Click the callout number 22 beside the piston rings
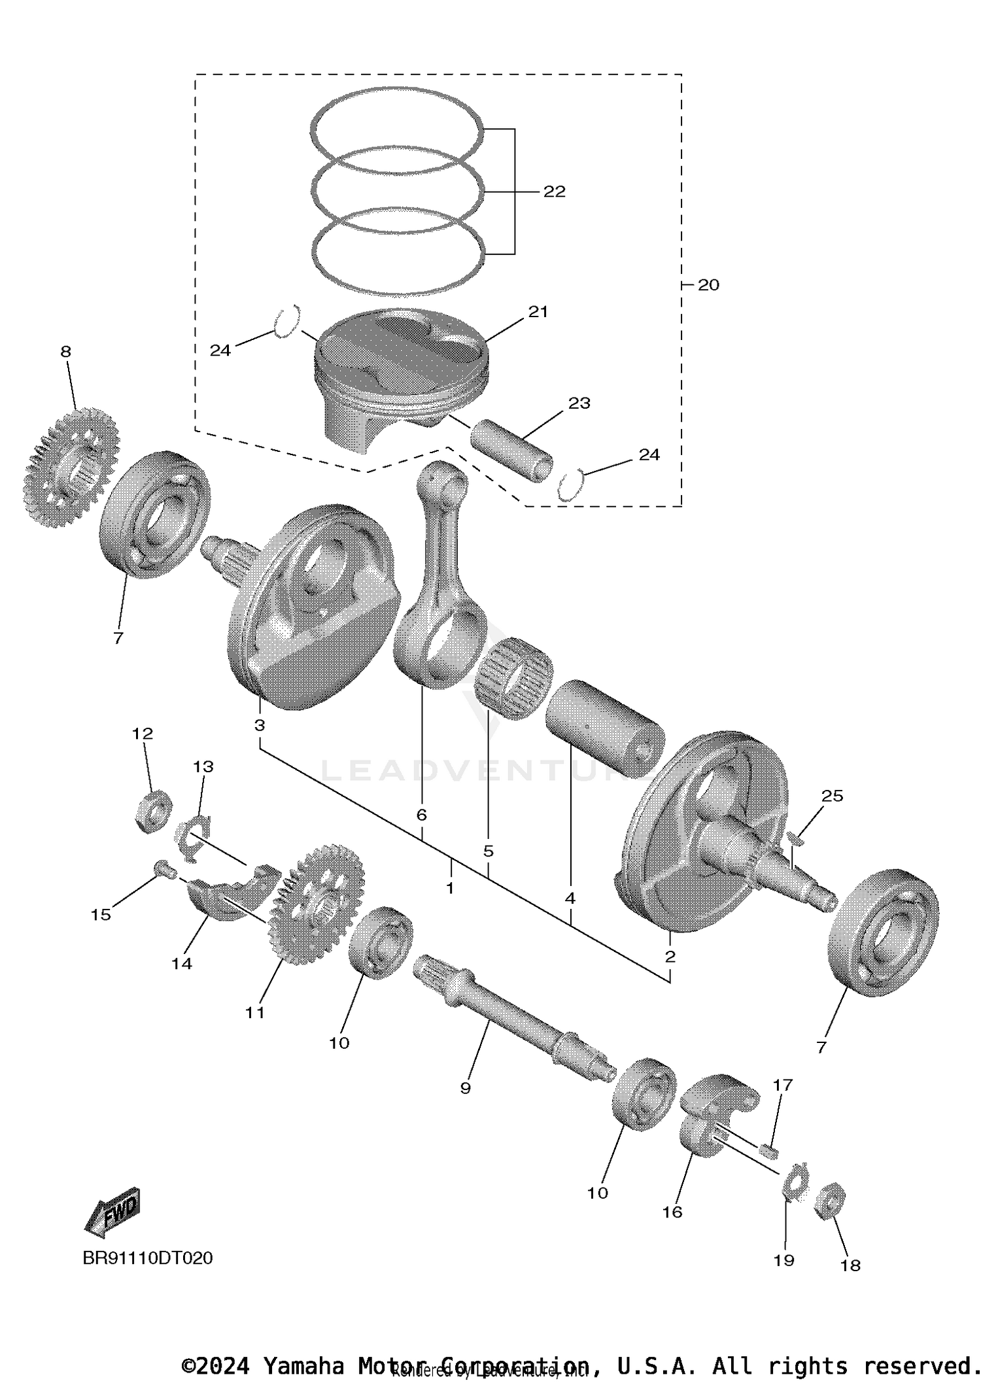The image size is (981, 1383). point(554,192)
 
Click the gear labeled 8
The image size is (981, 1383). point(71,468)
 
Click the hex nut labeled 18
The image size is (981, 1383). point(830,1200)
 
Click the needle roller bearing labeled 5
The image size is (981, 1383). point(513,680)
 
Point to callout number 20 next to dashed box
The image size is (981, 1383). point(708,285)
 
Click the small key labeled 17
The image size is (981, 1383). point(770,1150)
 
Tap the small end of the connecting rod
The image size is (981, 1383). point(443,483)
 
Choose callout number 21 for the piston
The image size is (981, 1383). point(538,312)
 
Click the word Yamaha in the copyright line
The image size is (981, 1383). point(303,1365)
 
